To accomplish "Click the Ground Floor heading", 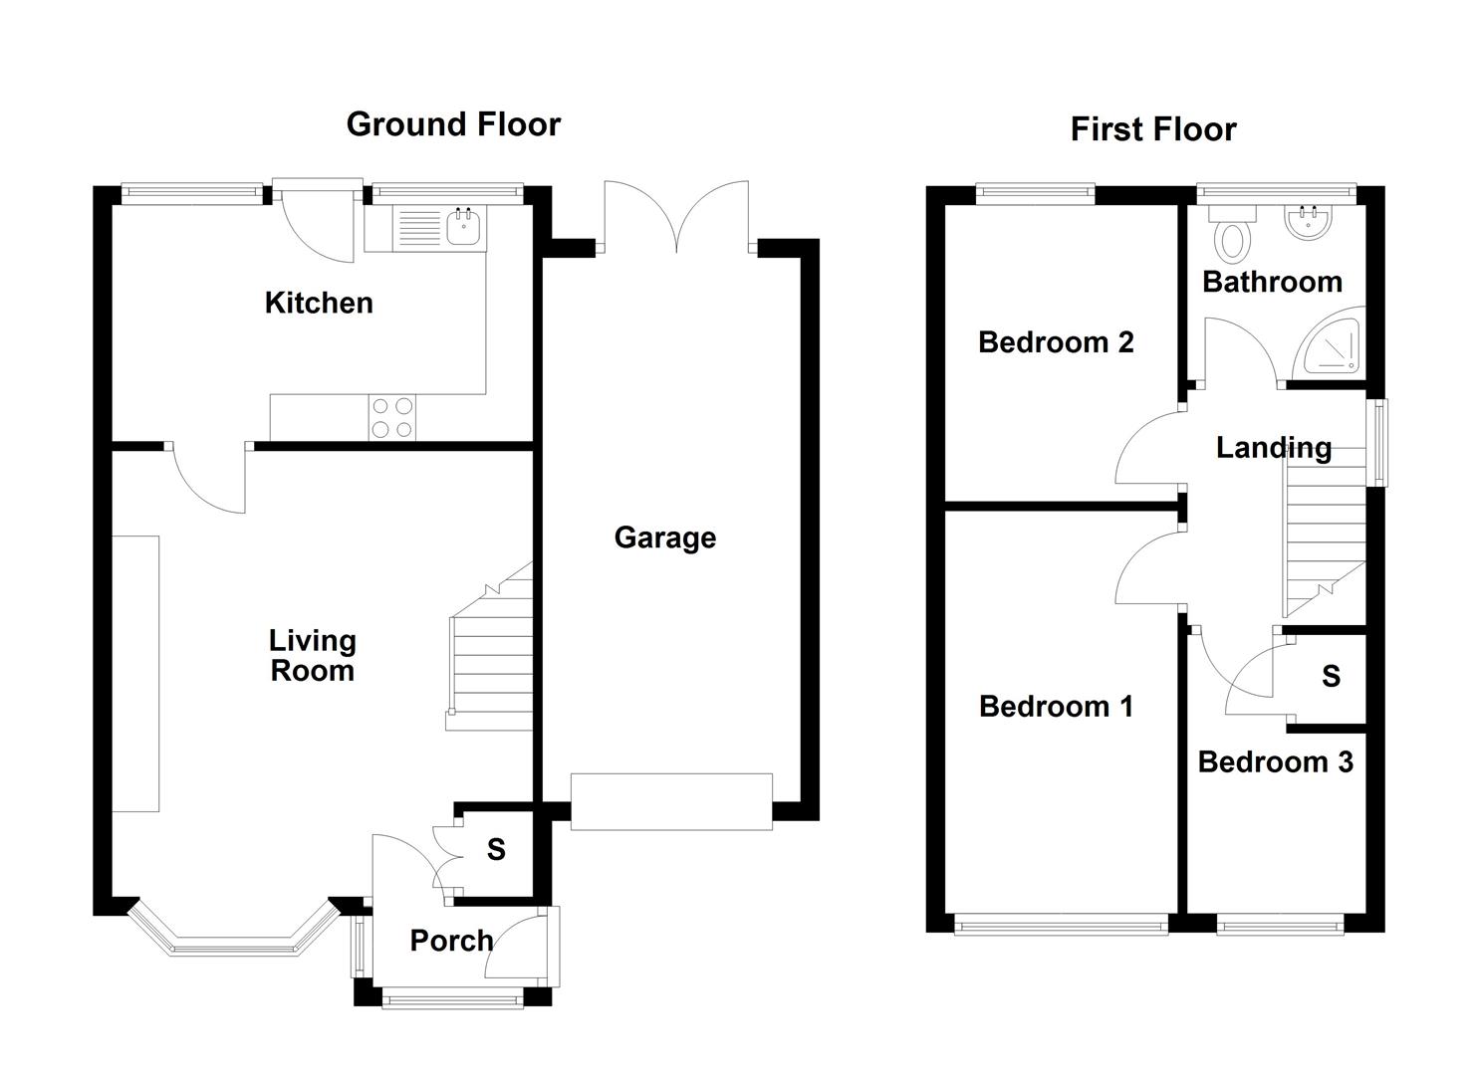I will pyautogui.click(x=453, y=124).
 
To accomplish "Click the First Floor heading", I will pyautogui.click(x=1152, y=129).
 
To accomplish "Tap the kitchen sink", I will pyautogui.click(x=464, y=228).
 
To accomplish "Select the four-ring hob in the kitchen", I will pyautogui.click(x=392, y=418).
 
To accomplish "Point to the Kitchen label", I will pyautogui.click(x=319, y=303).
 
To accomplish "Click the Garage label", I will pyautogui.click(x=664, y=537).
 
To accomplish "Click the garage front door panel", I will pyautogui.click(x=671, y=801).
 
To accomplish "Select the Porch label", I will pyautogui.click(x=451, y=941).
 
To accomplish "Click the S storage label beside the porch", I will pyautogui.click(x=496, y=850).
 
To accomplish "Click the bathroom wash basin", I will pyautogui.click(x=1309, y=224).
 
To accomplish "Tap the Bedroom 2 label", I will pyautogui.click(x=1056, y=342).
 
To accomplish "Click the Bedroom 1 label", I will pyautogui.click(x=1056, y=707).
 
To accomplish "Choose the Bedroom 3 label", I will pyautogui.click(x=1275, y=762).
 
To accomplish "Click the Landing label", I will pyautogui.click(x=1273, y=448).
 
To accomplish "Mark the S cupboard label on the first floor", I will pyautogui.click(x=1331, y=677).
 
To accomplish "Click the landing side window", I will pyautogui.click(x=1378, y=442).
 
